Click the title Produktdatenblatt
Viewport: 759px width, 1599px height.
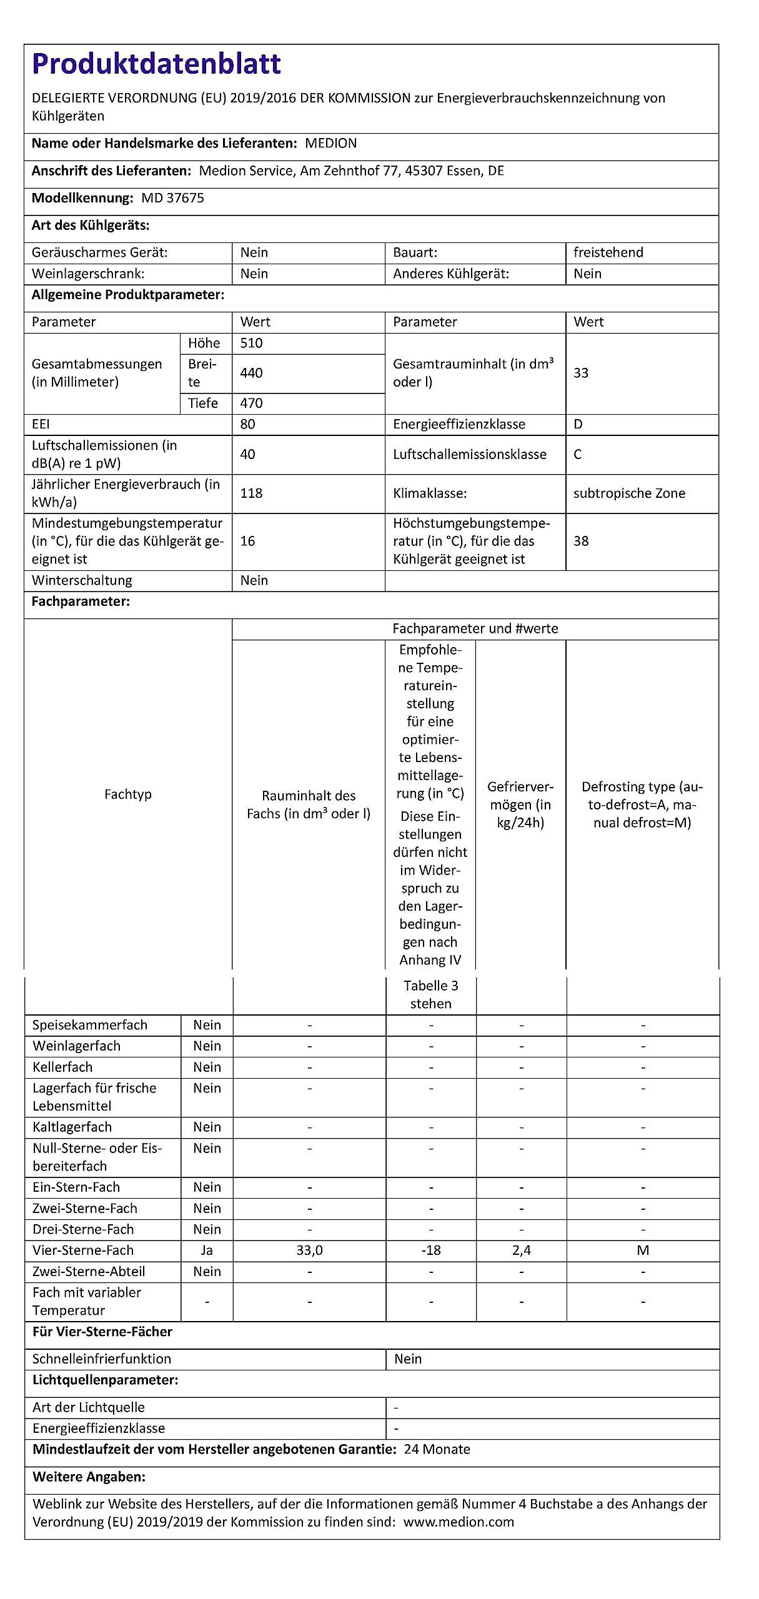[156, 64]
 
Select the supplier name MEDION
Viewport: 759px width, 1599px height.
[330, 143]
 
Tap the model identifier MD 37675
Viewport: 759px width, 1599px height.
[172, 198]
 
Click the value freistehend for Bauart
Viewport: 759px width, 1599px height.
[608, 252]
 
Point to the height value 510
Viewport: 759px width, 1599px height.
[251, 343]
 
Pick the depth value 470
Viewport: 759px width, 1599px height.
[251, 403]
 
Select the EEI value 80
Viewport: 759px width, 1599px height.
[247, 424]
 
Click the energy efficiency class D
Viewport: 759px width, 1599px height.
[578, 424]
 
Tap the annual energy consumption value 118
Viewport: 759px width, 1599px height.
[251, 493]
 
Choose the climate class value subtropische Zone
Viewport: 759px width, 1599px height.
[629, 493]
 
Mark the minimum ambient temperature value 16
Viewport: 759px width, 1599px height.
[247, 541]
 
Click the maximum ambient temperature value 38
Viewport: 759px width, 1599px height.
[581, 541]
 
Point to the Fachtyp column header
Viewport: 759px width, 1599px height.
[128, 794]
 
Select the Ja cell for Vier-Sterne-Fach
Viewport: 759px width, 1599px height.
[207, 1250]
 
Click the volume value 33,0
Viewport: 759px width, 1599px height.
[309, 1250]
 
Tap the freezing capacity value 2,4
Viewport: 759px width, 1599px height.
[521, 1250]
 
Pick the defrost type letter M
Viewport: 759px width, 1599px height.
[643, 1250]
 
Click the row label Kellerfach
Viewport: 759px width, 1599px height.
[62, 1067]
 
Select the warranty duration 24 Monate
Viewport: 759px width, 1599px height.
[437, 1449]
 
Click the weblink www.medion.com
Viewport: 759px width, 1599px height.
[459, 1522]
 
